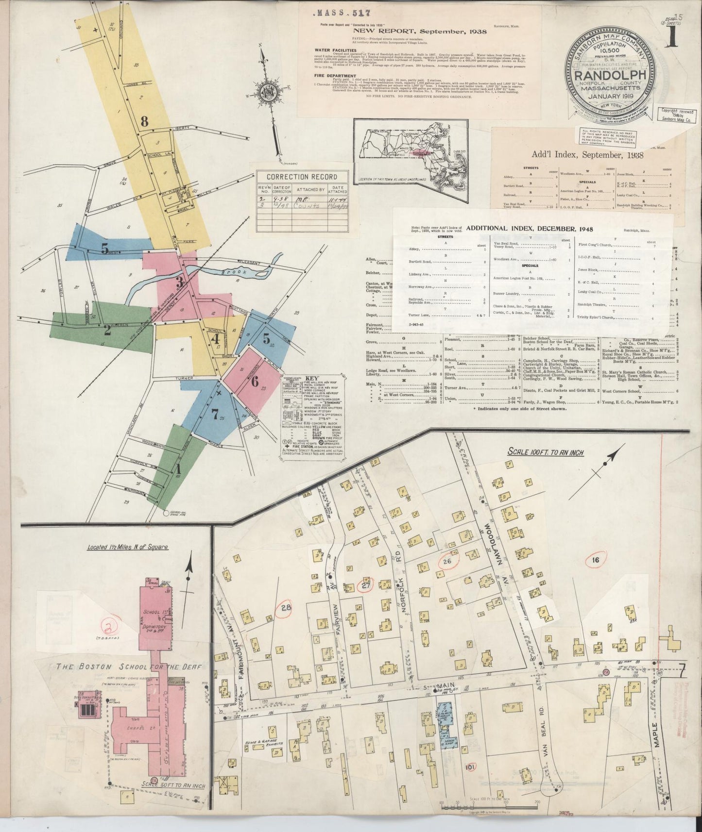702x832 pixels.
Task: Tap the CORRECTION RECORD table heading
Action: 302,177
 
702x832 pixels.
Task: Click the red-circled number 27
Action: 365,585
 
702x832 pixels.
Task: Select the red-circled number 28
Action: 285,606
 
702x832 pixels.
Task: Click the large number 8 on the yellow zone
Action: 144,122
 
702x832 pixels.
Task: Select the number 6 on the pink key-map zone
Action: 254,381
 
